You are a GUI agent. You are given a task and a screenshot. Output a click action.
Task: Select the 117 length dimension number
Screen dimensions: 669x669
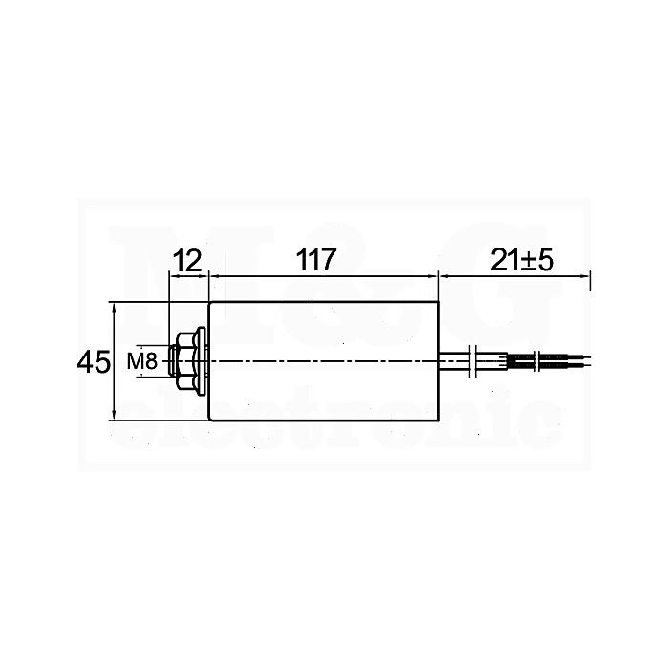click(316, 259)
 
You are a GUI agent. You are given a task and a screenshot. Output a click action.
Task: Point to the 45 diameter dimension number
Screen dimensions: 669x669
click(94, 362)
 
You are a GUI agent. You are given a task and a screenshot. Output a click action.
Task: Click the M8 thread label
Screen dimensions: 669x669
click(142, 362)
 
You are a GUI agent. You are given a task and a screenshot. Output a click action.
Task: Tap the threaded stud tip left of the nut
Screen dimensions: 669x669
click(172, 361)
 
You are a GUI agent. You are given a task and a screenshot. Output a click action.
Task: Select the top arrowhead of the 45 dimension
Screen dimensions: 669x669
click(114, 308)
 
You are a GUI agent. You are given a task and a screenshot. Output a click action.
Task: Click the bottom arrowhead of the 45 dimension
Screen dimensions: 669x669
click(114, 414)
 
